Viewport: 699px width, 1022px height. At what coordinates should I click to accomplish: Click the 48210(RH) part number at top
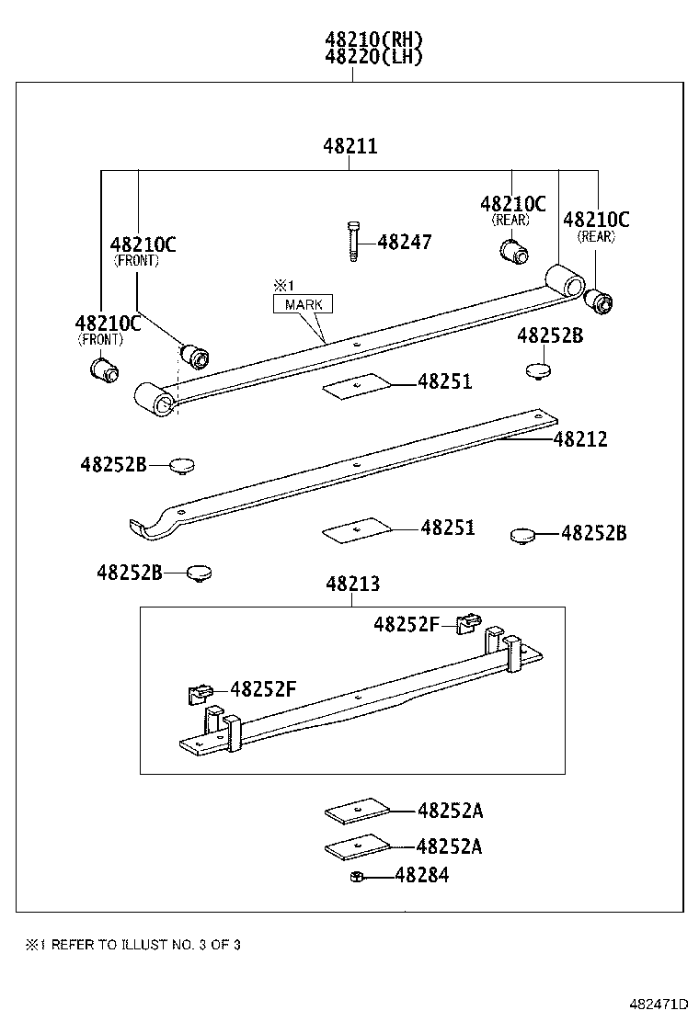click(x=372, y=40)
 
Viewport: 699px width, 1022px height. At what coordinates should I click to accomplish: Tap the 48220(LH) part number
click(x=372, y=57)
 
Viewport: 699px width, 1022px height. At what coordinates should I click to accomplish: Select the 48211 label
click(x=349, y=146)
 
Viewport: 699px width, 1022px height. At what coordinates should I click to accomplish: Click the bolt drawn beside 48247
click(x=352, y=242)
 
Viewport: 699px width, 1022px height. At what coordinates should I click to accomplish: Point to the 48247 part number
click(x=404, y=243)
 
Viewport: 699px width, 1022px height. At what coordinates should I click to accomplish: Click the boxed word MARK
click(x=303, y=305)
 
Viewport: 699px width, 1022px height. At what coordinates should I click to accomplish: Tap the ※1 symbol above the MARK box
click(x=280, y=285)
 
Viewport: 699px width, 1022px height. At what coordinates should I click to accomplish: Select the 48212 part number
click(x=580, y=440)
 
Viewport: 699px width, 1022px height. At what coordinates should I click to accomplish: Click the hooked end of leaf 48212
click(x=147, y=527)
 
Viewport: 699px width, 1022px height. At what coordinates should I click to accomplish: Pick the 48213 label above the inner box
click(x=351, y=585)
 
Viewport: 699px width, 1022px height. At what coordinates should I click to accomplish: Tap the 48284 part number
click(x=421, y=876)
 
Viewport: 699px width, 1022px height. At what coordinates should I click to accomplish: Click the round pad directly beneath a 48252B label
click(x=537, y=369)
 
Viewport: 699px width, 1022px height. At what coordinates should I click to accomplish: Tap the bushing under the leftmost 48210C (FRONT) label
click(x=104, y=369)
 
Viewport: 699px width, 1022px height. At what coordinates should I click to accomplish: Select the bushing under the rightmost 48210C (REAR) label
click(x=601, y=301)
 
